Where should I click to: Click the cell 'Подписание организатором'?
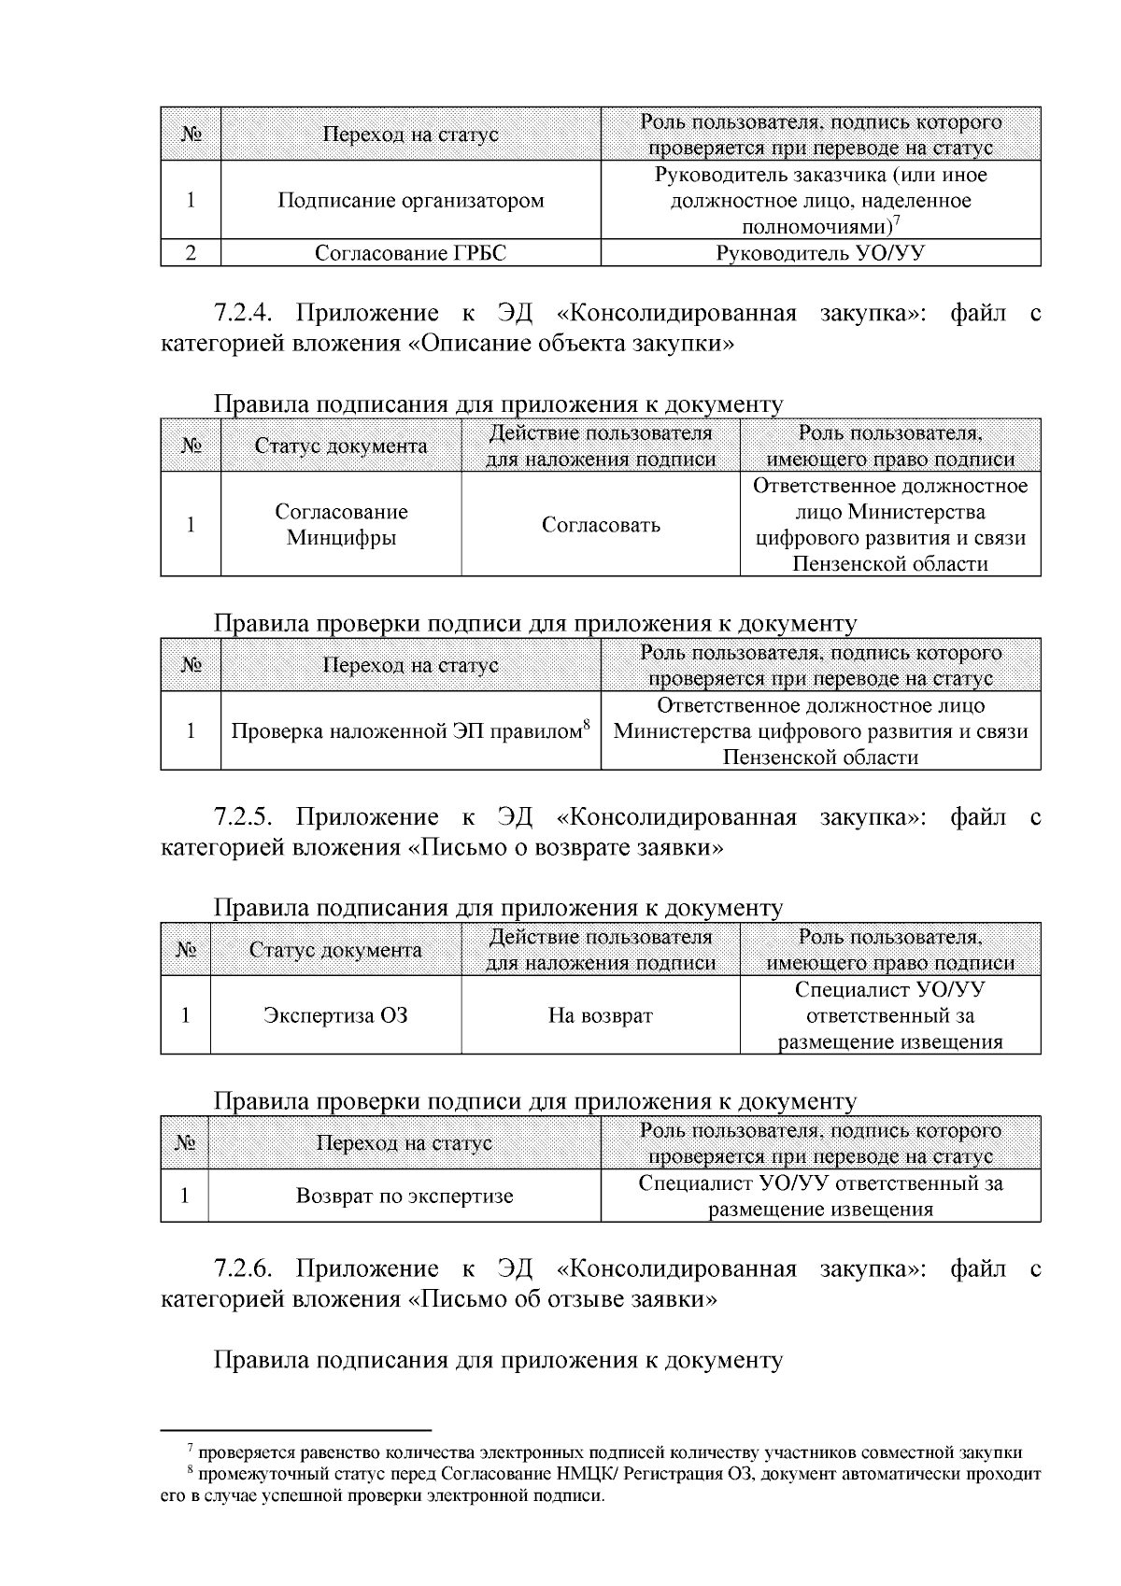tap(410, 201)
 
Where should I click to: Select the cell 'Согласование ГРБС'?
tap(410, 253)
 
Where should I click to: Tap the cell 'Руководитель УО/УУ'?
tap(819, 253)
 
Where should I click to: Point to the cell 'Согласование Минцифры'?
tap(341, 525)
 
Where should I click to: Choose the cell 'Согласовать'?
tap(601, 525)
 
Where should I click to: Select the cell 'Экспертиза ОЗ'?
tap(335, 1015)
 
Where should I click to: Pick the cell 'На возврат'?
tap(601, 1015)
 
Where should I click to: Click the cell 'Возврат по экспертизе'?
tap(404, 1197)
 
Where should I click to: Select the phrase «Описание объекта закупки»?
tap(571, 344)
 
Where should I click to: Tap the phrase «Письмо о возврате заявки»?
tap(565, 848)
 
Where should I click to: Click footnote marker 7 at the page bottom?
tap(191, 1449)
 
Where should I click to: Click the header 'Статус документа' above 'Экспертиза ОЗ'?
tap(335, 951)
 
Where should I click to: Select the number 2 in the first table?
tap(191, 253)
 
